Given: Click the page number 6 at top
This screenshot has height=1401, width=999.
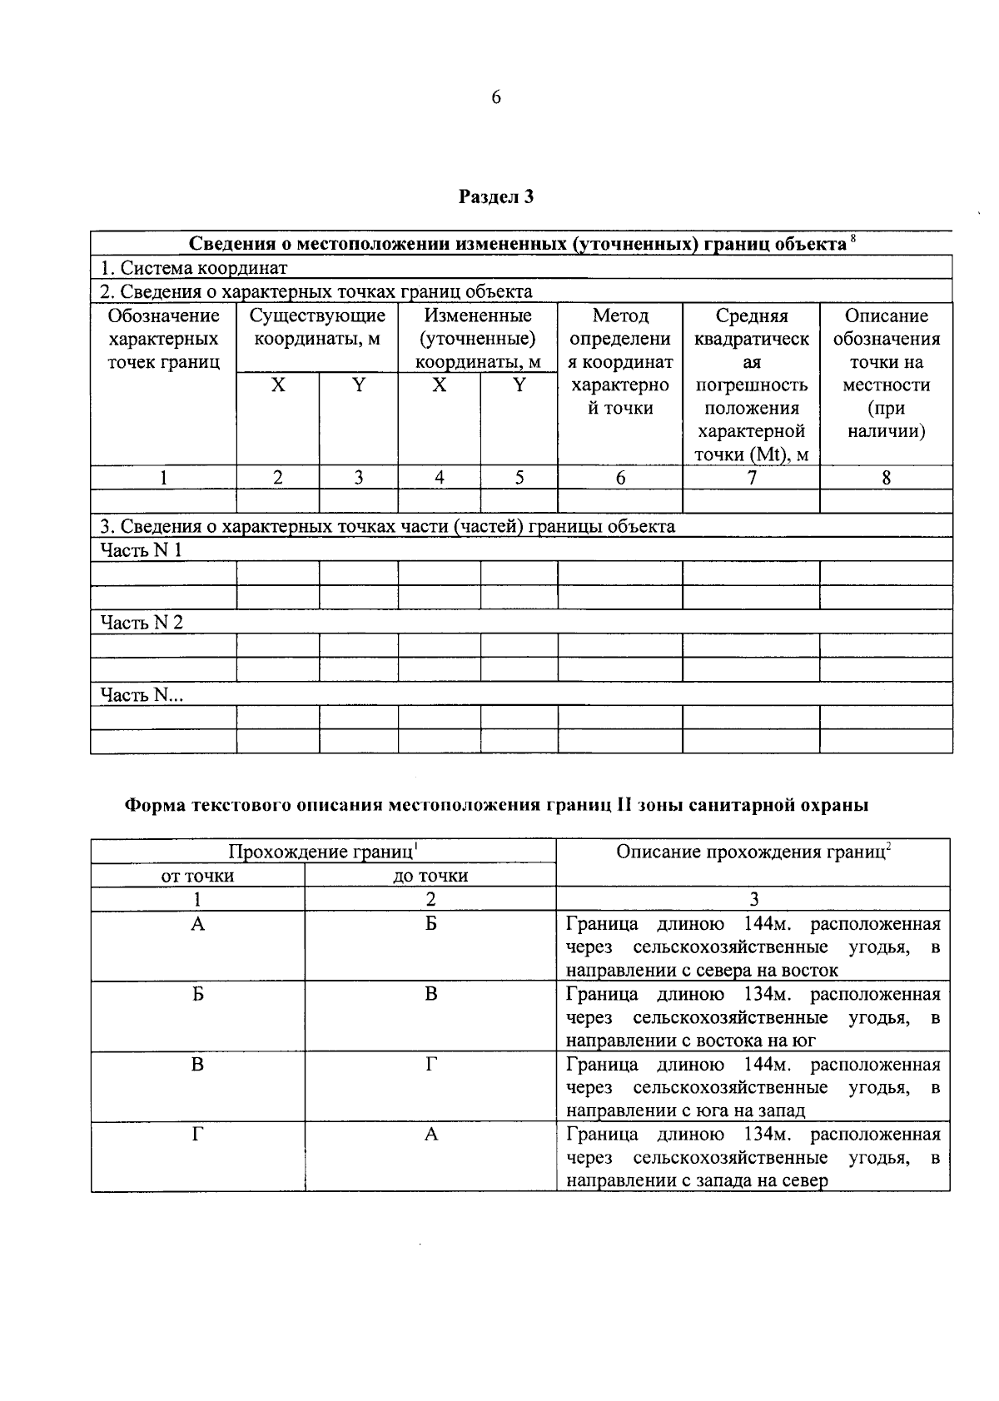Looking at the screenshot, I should point(496,98).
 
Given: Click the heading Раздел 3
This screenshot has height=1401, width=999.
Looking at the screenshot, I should point(496,197).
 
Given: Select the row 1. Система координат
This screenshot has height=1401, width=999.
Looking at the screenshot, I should point(194,268).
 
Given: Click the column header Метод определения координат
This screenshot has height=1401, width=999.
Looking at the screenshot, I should point(620,361).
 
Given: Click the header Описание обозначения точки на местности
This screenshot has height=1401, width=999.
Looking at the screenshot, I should point(886,373).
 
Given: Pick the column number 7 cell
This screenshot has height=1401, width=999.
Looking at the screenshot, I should point(751,478).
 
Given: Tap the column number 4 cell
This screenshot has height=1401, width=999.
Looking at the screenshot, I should point(439,478).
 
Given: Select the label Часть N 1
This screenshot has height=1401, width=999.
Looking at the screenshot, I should point(141,550).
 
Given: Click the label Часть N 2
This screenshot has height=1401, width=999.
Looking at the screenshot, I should point(142,623).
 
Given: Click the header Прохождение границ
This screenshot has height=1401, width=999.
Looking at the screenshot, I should point(322,852).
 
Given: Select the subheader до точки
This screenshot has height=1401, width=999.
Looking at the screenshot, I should point(430,876).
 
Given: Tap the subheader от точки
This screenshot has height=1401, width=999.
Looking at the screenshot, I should point(197,876).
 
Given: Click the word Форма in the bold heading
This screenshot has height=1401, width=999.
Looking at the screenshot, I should point(155,805).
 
